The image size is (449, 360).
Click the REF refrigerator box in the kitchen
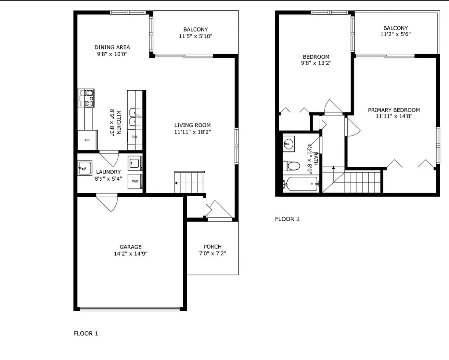87,140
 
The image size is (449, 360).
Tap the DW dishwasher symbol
135,137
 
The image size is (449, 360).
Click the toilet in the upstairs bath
292,166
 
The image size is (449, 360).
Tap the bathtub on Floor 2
301,184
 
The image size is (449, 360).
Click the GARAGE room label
130,247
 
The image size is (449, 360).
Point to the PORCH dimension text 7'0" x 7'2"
212,253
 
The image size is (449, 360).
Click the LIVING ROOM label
193,125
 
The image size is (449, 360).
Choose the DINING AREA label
112,47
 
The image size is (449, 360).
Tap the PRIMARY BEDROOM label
394,110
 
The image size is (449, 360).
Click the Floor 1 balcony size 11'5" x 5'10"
196,36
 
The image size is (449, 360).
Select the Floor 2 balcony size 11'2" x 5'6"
395,34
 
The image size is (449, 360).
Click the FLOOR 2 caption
287,219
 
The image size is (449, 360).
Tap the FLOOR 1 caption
86,334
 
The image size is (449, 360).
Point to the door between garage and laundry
107,203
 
